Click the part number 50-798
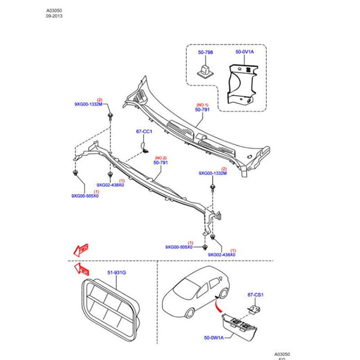pos(205,53)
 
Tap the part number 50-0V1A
pos(244,53)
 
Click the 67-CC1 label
pos(144,132)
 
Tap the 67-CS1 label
pos(255,295)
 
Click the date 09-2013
pos(54,16)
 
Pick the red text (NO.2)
pos(161,158)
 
